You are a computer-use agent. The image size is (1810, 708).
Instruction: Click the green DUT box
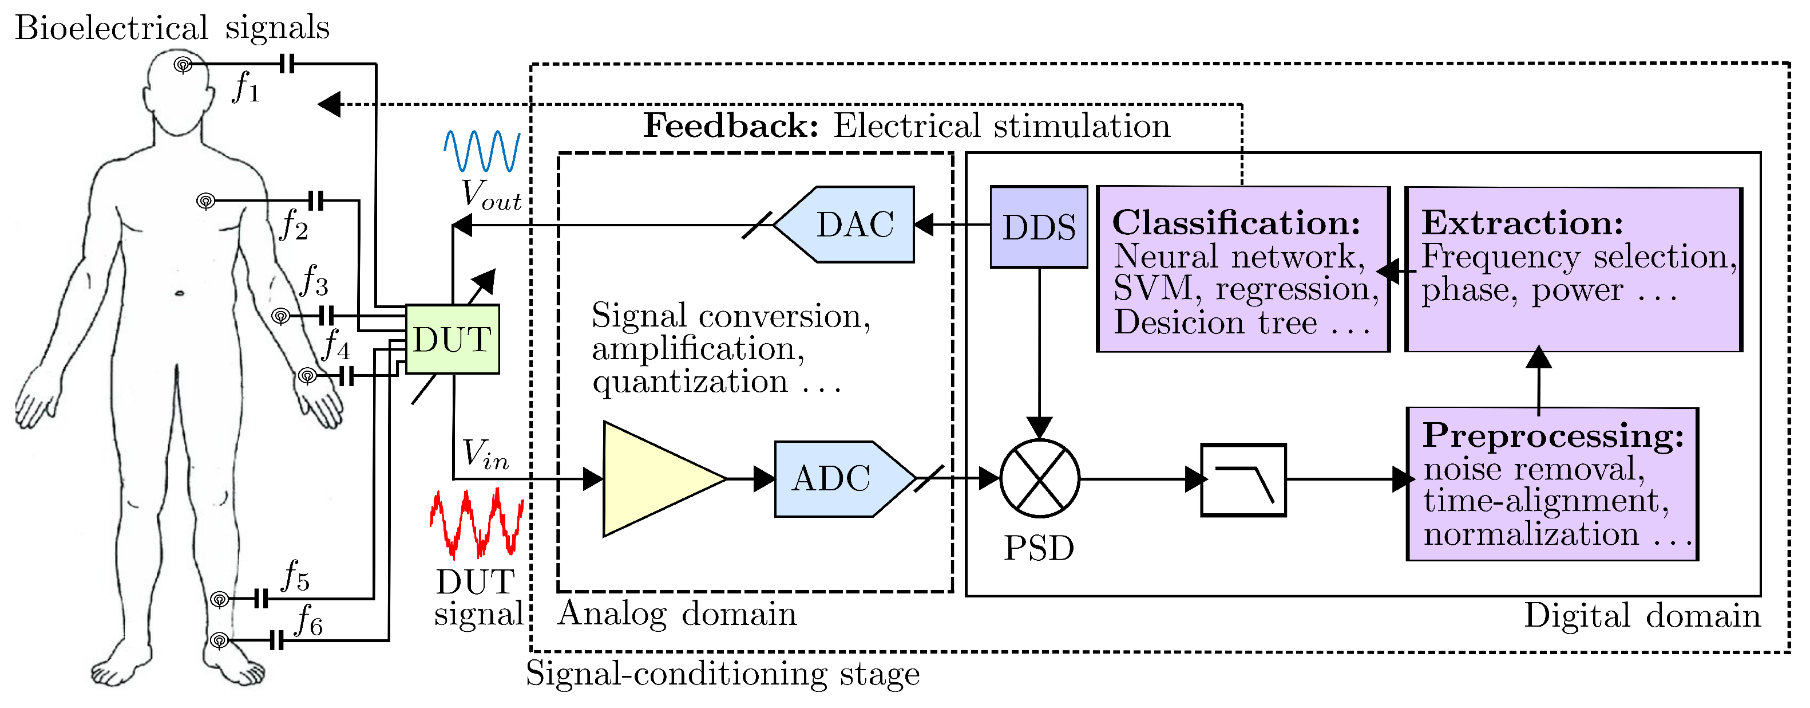(x=453, y=340)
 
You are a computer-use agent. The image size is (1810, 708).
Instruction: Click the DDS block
(x=1039, y=227)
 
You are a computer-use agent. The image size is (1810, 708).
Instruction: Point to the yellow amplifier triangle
(x=653, y=479)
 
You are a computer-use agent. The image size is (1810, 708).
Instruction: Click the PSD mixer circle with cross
(x=1039, y=479)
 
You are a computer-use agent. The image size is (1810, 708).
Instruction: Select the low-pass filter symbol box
(x=1243, y=480)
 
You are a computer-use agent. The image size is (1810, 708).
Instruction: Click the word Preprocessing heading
(x=1553, y=435)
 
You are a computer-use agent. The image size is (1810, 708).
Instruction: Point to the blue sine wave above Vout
(x=482, y=151)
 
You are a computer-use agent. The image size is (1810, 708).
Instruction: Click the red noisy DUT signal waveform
(x=477, y=523)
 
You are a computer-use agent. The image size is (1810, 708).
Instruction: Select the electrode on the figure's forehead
(x=183, y=65)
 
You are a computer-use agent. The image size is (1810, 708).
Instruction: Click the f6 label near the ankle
(x=309, y=622)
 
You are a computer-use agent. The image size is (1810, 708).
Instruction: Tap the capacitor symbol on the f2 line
(x=316, y=201)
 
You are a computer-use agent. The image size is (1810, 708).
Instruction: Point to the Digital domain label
(x=1642, y=616)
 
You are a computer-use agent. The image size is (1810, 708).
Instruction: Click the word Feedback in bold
(x=731, y=127)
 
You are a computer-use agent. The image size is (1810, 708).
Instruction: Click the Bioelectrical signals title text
(x=172, y=28)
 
